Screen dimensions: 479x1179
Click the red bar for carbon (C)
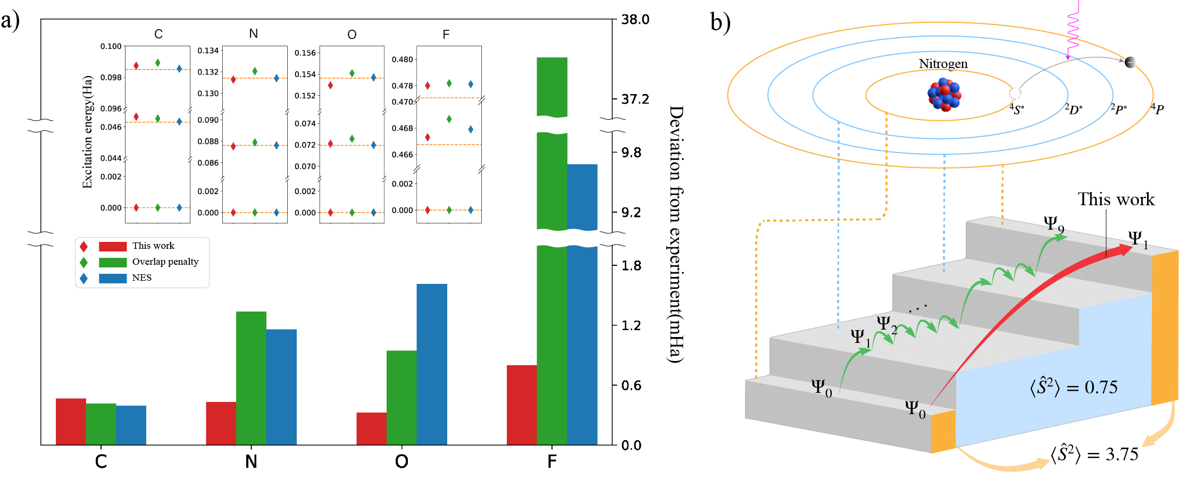pos(71,421)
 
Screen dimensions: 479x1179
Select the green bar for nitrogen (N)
pos(251,377)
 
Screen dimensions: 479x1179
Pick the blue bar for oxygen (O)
pos(432,364)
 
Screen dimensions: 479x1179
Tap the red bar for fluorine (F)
pos(522,405)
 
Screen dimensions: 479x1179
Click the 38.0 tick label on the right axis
pos(635,20)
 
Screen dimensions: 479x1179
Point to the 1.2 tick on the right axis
pos(631,325)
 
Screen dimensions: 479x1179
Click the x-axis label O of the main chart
pos(402,461)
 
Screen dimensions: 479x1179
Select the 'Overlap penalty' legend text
pos(165,262)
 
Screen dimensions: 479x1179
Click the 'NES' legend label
pos(142,278)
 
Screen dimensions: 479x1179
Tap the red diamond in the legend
pos(83,247)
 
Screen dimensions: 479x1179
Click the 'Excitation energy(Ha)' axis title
pos(87,132)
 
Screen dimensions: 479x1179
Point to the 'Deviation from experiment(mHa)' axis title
pos(675,234)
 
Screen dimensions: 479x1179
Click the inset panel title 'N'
pos(254,33)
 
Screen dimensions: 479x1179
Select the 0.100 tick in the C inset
pos(111,46)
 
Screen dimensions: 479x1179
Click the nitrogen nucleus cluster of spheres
pos(944,95)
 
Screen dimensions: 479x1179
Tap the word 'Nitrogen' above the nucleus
pos(943,64)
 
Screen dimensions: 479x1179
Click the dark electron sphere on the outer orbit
pos(1130,62)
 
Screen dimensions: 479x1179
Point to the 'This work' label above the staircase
pos(1116,199)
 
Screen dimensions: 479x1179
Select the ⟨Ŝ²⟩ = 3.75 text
pos(1094,455)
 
